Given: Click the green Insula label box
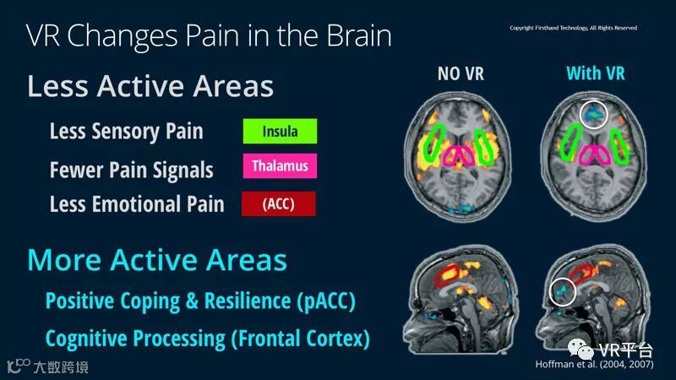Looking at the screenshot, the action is (279, 131).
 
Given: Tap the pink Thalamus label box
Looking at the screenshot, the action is (279, 166).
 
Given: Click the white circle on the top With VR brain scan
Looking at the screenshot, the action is (594, 112).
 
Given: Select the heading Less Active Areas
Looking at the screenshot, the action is (150, 86).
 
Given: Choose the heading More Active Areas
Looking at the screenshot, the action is (157, 259).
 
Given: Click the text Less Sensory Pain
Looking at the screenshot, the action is (127, 131).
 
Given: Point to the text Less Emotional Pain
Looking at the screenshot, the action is (137, 204).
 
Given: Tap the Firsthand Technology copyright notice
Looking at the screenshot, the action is (573, 28).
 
